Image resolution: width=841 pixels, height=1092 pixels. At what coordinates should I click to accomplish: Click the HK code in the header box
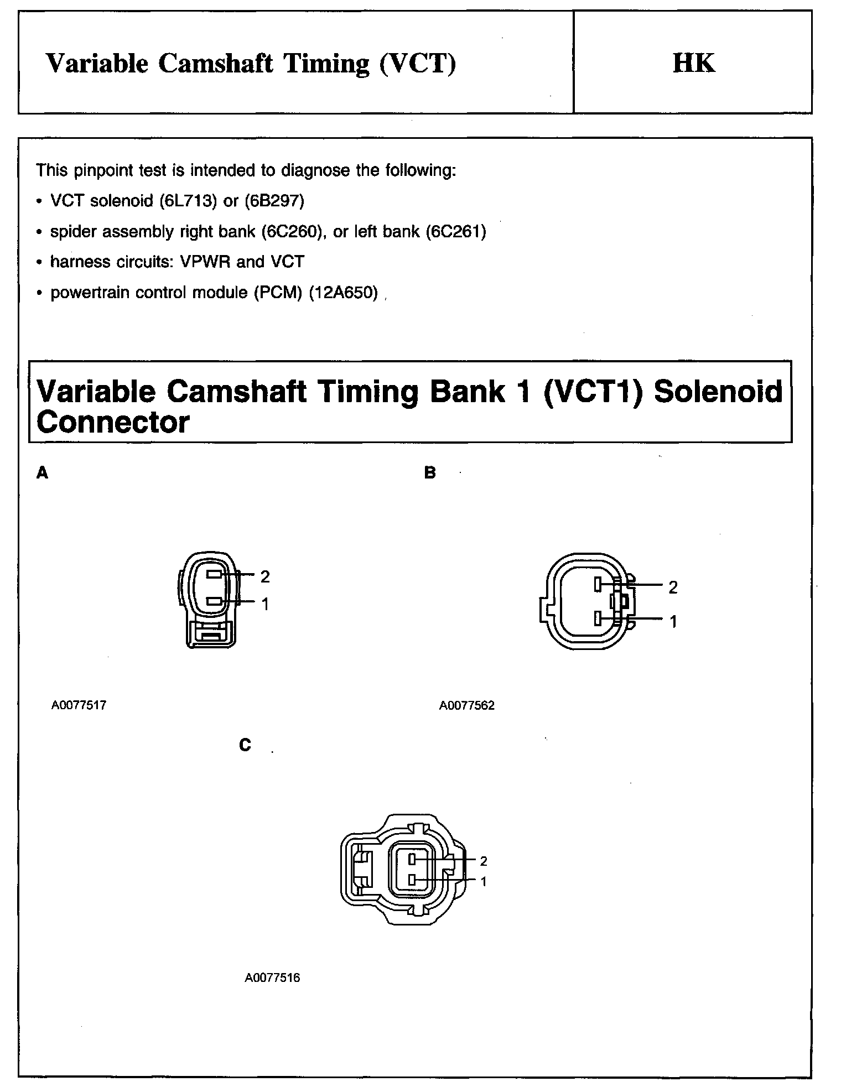coord(693,63)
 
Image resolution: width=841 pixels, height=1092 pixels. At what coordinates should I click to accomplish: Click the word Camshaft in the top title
coord(216,63)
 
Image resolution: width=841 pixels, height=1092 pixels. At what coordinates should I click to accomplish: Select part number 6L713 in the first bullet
coord(188,200)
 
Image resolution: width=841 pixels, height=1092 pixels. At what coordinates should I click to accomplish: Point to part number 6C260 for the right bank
coord(292,231)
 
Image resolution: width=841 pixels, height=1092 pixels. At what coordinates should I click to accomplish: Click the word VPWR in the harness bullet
coord(206,262)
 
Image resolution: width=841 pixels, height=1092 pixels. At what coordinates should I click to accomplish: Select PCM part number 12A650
coord(343,292)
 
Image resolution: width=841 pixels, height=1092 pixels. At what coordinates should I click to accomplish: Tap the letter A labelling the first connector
coord(42,473)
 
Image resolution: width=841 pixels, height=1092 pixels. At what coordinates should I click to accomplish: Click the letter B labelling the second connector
coord(430,473)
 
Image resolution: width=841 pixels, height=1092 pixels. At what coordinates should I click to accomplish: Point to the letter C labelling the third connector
coord(245,746)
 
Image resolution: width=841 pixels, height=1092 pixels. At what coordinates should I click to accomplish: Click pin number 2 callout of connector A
coord(265,576)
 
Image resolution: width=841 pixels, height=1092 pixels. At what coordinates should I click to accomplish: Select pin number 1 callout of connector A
coord(265,604)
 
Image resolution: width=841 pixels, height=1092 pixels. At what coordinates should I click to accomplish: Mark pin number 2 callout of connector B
coord(673,587)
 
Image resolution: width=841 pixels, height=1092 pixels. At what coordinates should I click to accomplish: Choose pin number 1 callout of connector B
coord(673,622)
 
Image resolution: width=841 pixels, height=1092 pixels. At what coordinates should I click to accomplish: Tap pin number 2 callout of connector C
coord(484,861)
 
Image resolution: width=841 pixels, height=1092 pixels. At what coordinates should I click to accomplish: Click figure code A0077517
coord(79,705)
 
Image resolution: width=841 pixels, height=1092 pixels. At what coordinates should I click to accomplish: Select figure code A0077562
coord(467,706)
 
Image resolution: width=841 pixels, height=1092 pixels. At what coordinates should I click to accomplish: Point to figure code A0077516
coord(272,978)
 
